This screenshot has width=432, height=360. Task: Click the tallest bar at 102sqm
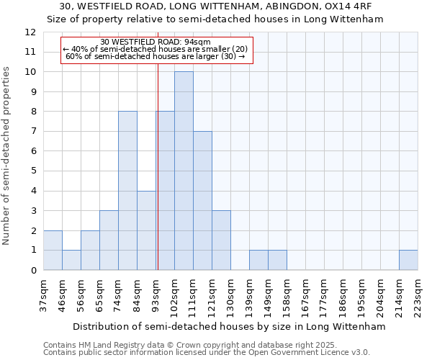[184, 171]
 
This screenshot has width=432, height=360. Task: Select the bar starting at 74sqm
[127, 191]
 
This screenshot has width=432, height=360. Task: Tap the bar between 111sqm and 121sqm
[202, 200]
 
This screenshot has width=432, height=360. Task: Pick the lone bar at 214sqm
[408, 260]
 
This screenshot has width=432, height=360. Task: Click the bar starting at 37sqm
[53, 250]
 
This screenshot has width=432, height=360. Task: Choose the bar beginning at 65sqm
[109, 240]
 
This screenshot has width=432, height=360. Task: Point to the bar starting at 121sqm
[221, 240]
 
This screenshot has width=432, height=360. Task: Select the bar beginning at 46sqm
[71, 260]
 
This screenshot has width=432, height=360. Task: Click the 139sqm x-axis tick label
[250, 292]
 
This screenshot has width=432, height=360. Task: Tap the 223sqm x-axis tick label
[418, 292]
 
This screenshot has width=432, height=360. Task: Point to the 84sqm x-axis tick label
[138, 292]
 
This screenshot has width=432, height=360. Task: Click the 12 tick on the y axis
[30, 32]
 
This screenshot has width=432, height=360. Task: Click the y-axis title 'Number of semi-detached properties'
[7, 155]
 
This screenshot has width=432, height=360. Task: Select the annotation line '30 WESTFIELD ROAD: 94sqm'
[156, 42]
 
